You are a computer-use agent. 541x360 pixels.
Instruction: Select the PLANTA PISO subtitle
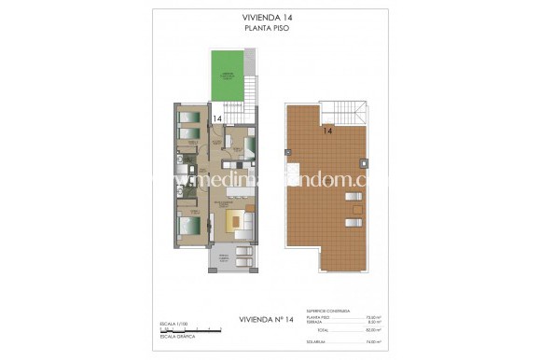click(270, 29)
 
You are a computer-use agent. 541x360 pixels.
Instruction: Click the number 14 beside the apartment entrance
click(217, 119)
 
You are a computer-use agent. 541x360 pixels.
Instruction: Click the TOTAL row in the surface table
click(337, 329)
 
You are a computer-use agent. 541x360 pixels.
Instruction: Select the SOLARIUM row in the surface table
click(337, 341)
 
